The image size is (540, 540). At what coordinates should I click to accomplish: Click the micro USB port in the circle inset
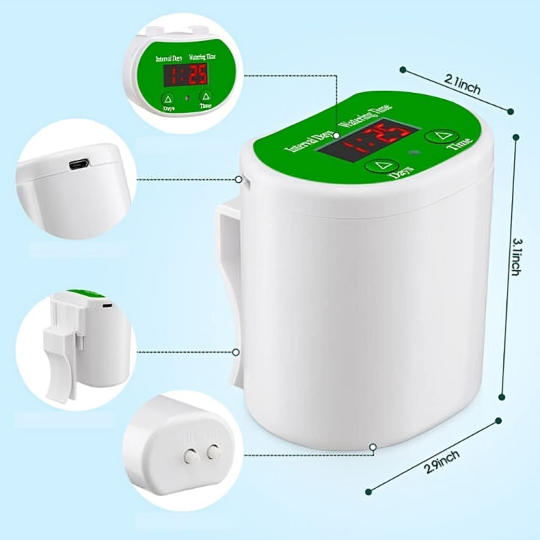[78, 164]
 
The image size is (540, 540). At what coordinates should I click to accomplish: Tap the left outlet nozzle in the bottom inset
[191, 455]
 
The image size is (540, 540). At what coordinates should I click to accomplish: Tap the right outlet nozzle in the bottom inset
[212, 451]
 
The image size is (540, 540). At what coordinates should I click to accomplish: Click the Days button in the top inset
[167, 99]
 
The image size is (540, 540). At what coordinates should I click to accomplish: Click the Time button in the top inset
[206, 96]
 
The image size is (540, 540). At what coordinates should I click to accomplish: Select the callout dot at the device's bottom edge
[372, 447]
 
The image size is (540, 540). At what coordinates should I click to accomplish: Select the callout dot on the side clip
[236, 352]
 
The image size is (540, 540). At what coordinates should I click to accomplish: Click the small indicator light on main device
[413, 153]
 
